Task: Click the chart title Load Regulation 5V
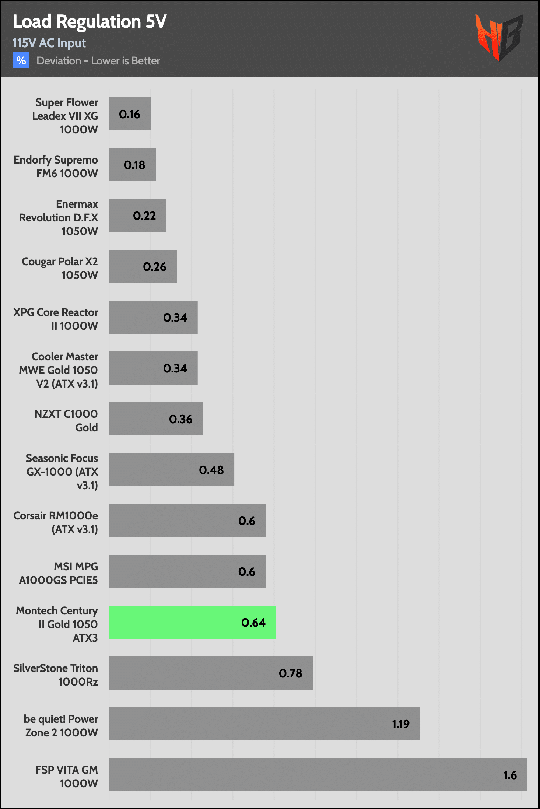(x=90, y=21)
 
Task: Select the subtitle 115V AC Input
(x=49, y=43)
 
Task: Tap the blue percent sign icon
(x=21, y=60)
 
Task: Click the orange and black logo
(x=499, y=37)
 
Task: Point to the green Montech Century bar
(x=192, y=622)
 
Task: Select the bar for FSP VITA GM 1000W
(x=318, y=774)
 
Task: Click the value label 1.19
(x=400, y=724)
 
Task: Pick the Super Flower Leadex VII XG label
(x=65, y=116)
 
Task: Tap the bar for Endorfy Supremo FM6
(x=132, y=165)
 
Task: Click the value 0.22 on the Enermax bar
(x=144, y=216)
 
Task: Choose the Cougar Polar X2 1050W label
(x=60, y=268)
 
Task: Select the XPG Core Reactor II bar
(x=153, y=317)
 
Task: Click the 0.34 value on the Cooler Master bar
(x=175, y=368)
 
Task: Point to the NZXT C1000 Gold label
(x=66, y=421)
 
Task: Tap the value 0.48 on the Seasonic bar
(x=211, y=470)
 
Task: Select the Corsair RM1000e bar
(x=187, y=521)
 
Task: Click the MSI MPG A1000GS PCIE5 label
(x=59, y=573)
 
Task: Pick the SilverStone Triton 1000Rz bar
(x=210, y=673)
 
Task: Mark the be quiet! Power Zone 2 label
(x=61, y=726)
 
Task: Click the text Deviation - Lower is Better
(x=98, y=61)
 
